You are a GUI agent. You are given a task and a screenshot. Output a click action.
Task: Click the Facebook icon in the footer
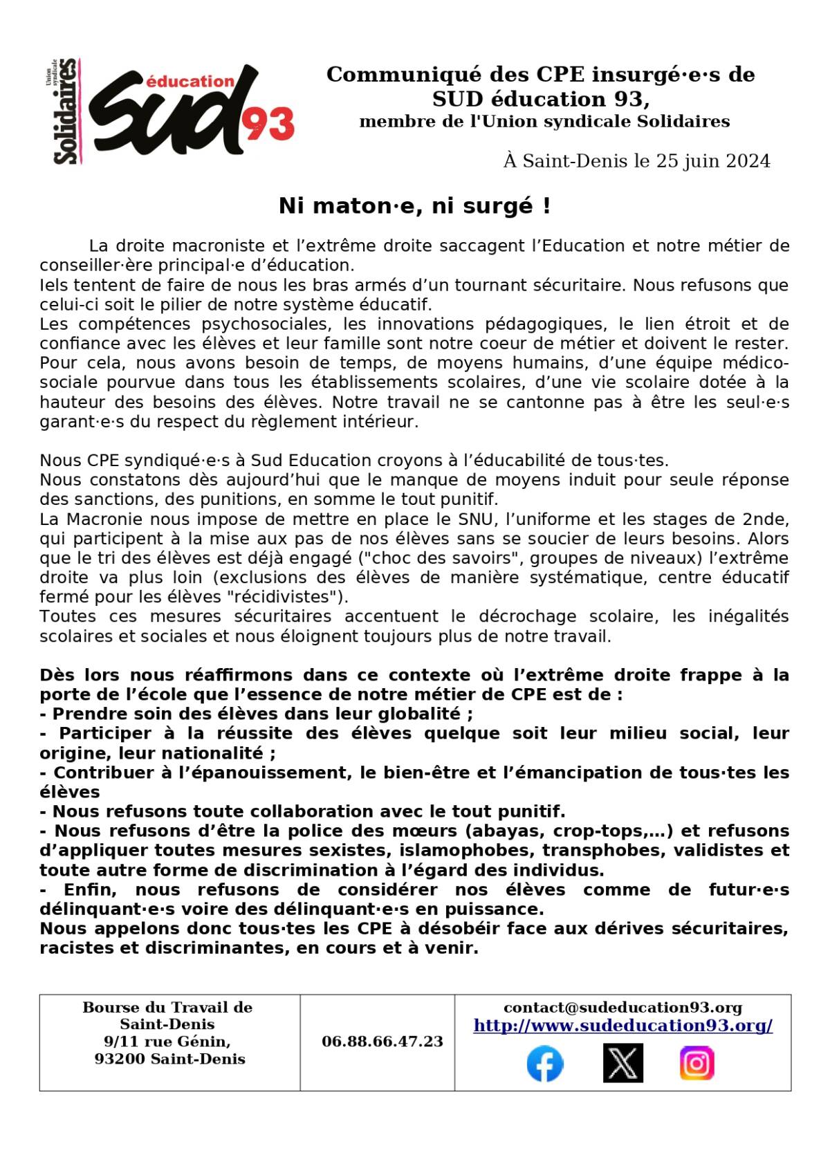[x=545, y=1064]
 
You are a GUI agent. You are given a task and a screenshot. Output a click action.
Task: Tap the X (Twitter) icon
[x=622, y=1064]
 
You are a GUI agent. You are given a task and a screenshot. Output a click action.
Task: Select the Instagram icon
[x=697, y=1064]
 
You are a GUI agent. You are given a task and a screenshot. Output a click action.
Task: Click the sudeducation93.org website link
[x=622, y=1026]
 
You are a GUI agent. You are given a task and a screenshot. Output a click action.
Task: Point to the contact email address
[x=622, y=1008]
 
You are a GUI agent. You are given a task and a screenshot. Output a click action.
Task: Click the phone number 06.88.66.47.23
[x=382, y=1042]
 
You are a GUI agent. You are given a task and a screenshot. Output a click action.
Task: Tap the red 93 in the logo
[x=269, y=124]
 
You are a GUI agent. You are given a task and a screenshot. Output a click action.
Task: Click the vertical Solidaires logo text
[x=66, y=111]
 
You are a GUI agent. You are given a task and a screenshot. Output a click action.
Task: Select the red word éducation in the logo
[x=191, y=82]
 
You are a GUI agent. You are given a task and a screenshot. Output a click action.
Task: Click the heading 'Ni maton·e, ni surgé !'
[x=415, y=206]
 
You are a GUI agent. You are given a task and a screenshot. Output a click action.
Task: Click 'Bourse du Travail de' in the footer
[x=167, y=1008]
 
